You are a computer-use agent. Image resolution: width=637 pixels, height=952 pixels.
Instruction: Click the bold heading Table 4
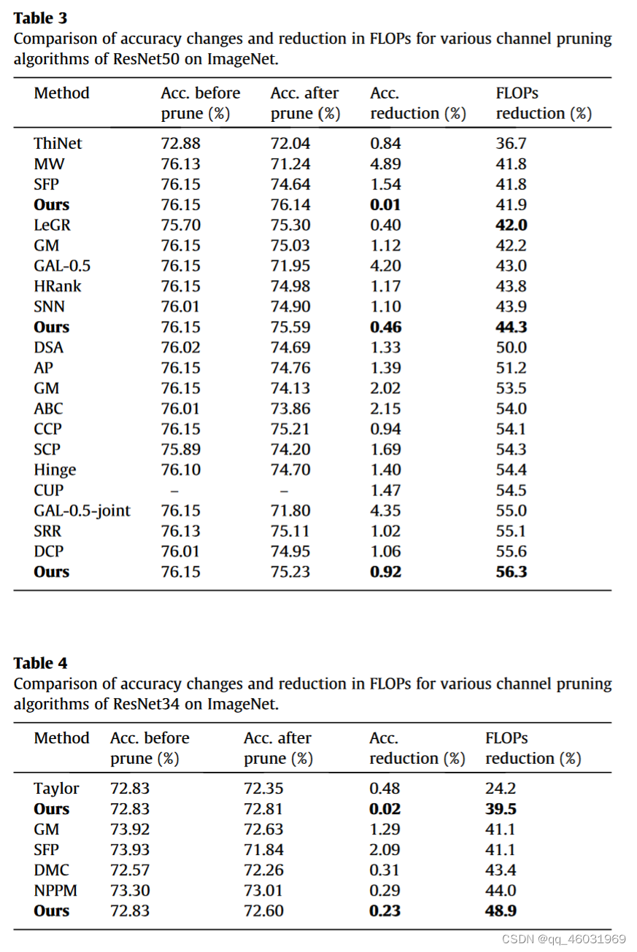(40, 663)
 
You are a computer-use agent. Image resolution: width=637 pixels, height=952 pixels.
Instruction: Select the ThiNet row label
(58, 144)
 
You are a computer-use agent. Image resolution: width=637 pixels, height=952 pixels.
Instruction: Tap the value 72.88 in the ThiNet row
(180, 144)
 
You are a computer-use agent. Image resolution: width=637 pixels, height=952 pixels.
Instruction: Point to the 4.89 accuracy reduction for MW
(385, 164)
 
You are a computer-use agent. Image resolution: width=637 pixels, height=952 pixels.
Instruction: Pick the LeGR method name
(52, 225)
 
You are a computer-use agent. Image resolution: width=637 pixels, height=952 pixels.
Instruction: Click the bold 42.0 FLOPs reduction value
(511, 225)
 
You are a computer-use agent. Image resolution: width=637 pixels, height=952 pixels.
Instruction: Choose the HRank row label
(58, 287)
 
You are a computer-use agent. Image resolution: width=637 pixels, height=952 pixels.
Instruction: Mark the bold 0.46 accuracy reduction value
(385, 328)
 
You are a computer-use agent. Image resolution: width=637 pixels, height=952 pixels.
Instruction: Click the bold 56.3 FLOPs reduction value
(511, 572)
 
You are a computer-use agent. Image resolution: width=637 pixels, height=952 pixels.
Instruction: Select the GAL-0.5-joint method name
(82, 511)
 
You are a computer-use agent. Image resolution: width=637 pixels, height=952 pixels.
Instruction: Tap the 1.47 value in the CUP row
(385, 490)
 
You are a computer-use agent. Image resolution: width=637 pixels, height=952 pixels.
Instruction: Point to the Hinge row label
(55, 470)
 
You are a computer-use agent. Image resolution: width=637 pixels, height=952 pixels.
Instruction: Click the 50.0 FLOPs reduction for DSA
(511, 348)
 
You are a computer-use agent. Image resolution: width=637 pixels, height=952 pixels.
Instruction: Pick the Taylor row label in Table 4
(56, 789)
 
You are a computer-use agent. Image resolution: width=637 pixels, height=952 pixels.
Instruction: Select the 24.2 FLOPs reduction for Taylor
(501, 789)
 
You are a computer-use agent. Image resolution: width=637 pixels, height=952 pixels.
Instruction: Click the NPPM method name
(55, 891)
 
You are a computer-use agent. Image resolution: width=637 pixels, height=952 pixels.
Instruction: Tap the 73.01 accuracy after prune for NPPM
(263, 891)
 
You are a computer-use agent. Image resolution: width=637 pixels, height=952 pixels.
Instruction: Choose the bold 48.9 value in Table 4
(501, 911)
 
